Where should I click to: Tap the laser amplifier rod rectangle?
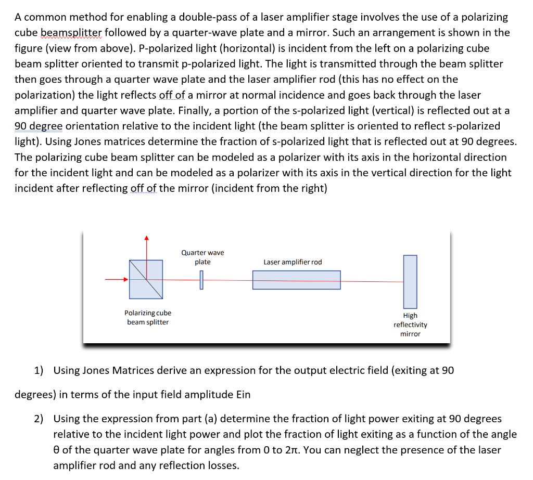coord(296,280)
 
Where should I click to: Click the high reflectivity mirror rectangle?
coord(410,281)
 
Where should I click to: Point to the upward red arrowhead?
coord(146,238)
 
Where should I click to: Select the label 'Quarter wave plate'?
coord(202,257)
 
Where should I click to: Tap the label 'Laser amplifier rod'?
coord(293,262)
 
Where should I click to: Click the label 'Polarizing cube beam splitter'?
coord(148,317)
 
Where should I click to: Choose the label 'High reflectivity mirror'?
coord(410,325)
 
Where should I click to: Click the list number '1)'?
coord(39,370)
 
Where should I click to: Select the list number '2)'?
coord(39,419)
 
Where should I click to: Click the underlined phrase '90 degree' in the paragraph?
coord(39,126)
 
